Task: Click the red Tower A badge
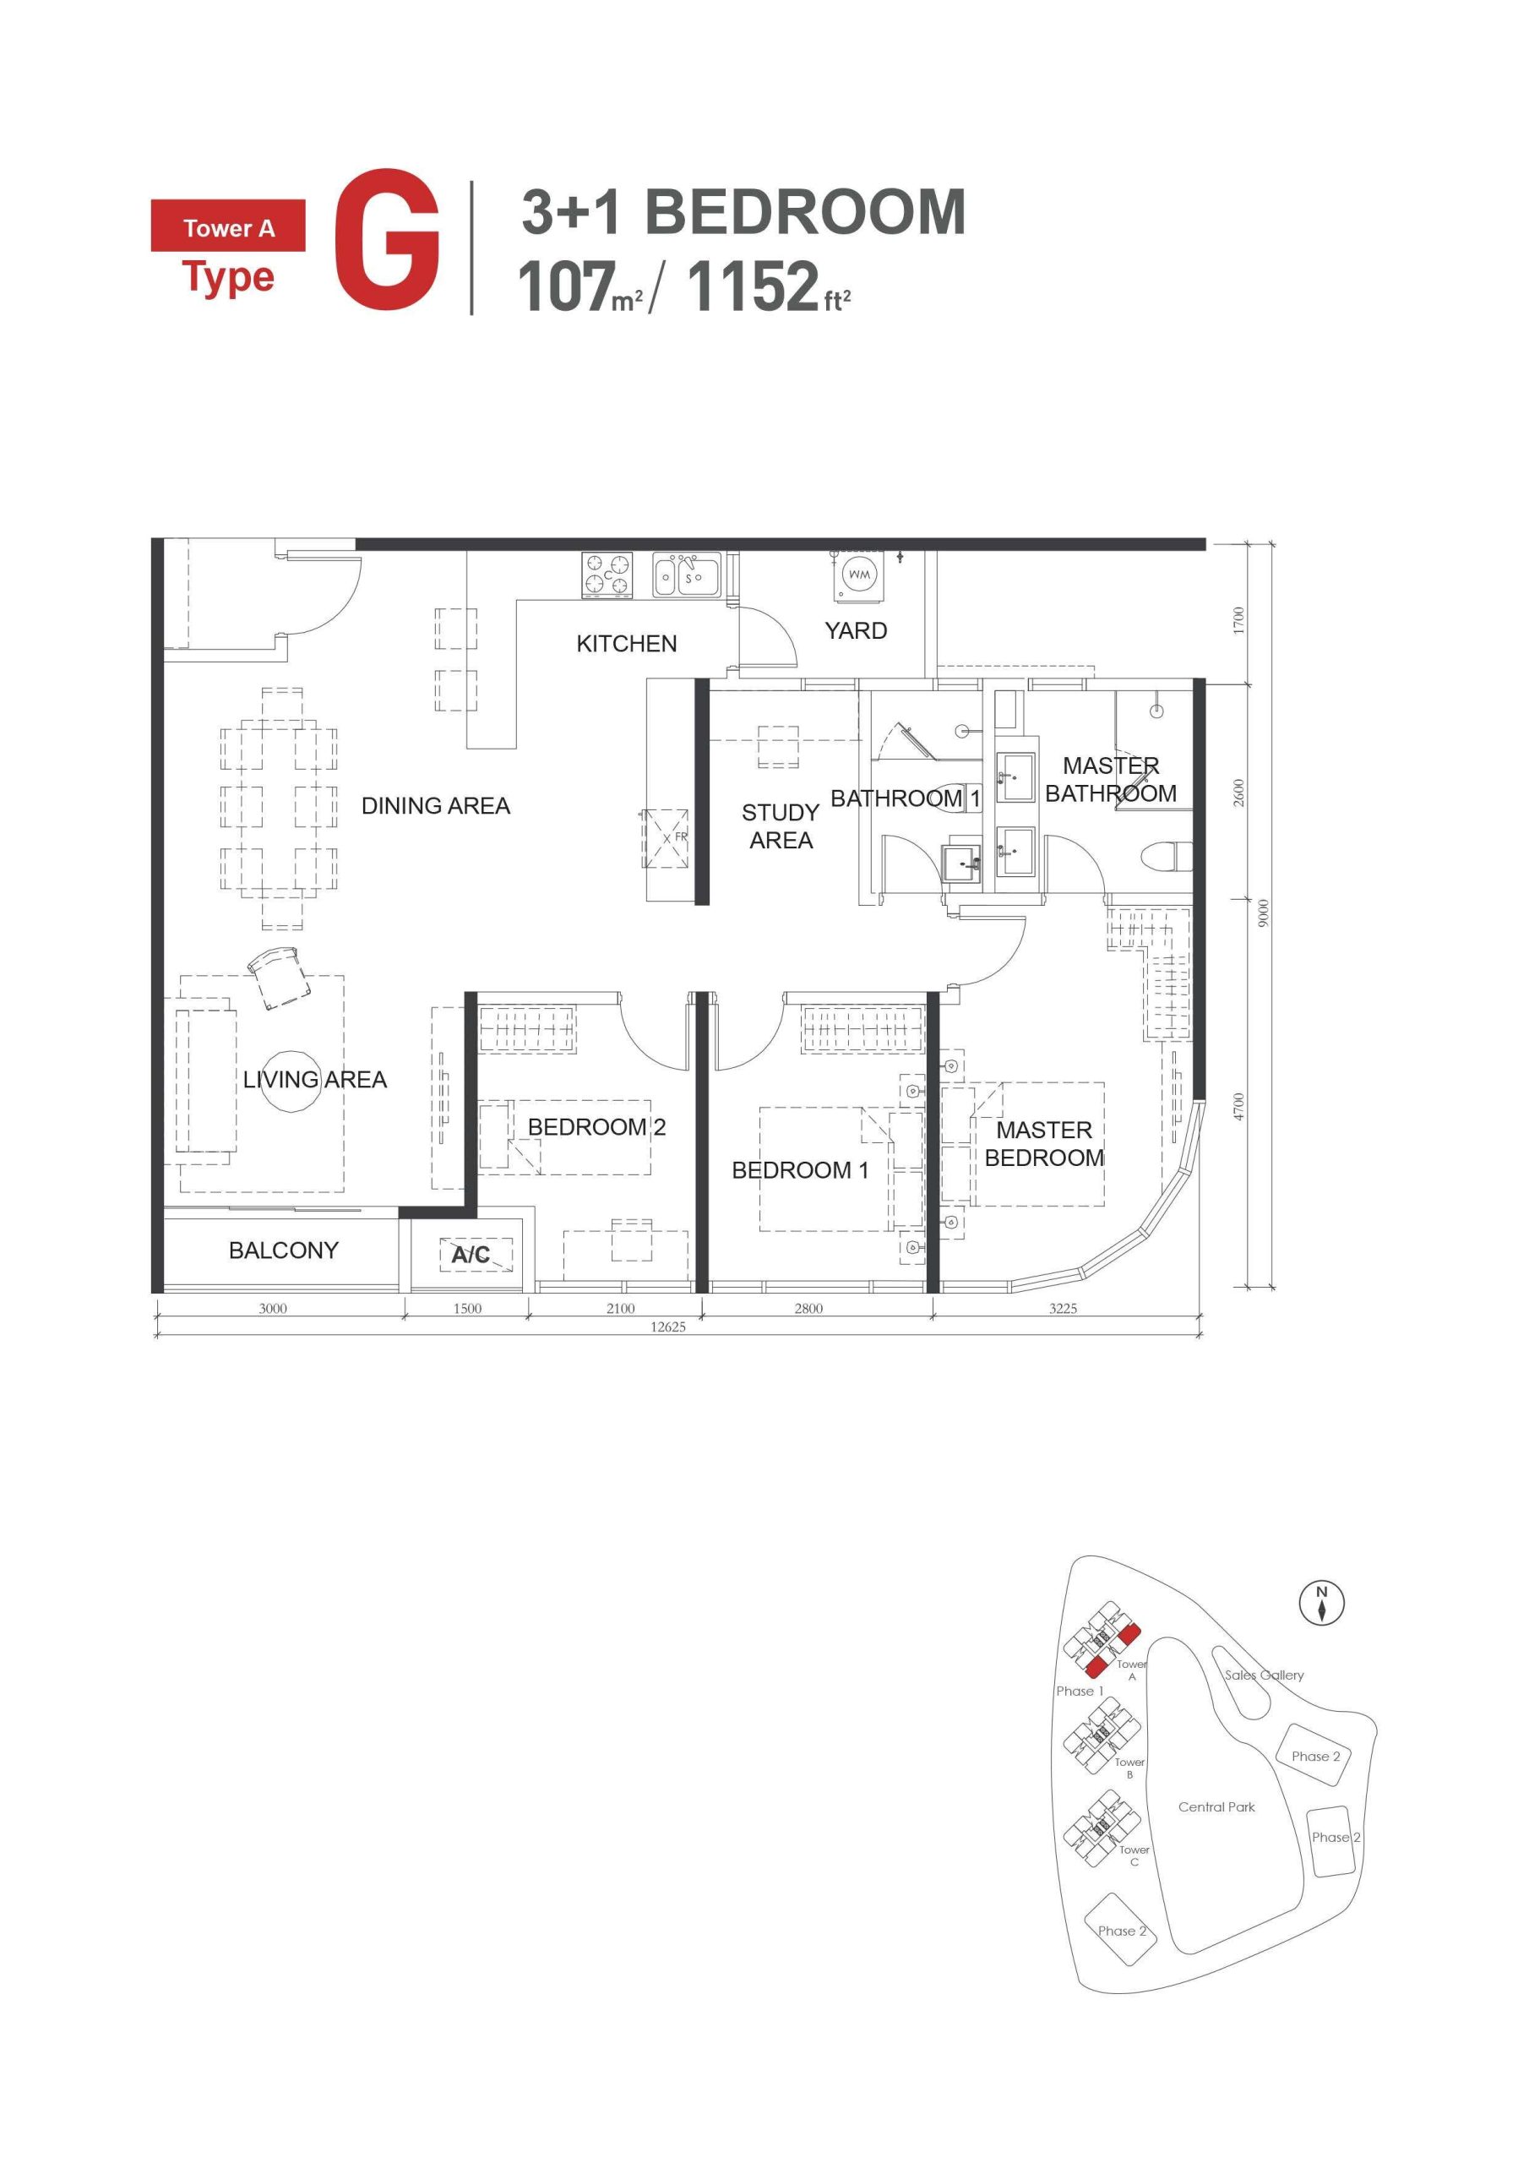pyautogui.click(x=228, y=227)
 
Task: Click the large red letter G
pyautogui.click(x=386, y=241)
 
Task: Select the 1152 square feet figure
pyautogui.click(x=754, y=286)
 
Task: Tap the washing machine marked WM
pyautogui.click(x=858, y=575)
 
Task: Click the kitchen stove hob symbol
pyautogui.click(x=607, y=575)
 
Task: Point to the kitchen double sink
pyautogui.click(x=687, y=575)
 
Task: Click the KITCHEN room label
pyautogui.click(x=627, y=644)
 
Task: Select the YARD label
pyautogui.click(x=856, y=630)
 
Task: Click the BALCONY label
pyautogui.click(x=283, y=1250)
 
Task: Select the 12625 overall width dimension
pyautogui.click(x=668, y=1327)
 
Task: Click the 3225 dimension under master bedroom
pyautogui.click(x=1063, y=1308)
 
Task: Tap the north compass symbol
pyautogui.click(x=1322, y=1603)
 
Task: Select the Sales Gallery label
pyautogui.click(x=1264, y=1674)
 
